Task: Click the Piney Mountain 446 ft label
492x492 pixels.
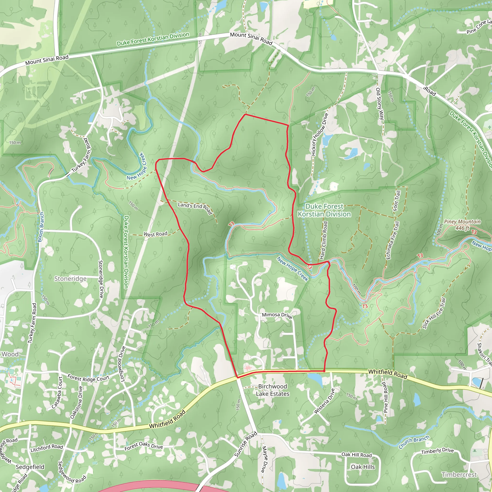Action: point(462,225)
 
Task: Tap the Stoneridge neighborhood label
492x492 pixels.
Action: point(70,279)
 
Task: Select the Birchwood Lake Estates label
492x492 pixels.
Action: point(272,390)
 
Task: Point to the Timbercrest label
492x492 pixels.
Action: point(459,475)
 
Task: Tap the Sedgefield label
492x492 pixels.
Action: point(30,467)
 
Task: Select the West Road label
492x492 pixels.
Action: point(155,234)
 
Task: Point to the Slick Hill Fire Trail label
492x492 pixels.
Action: point(434,314)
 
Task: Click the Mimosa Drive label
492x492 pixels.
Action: point(277,315)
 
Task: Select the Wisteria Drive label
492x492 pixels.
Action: point(324,401)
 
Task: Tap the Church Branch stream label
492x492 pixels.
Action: point(414,442)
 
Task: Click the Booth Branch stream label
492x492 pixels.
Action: point(41,227)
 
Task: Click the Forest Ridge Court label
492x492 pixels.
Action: point(88,378)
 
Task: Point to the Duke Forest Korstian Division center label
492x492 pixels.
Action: point(324,210)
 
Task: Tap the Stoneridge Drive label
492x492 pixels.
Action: point(101,279)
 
